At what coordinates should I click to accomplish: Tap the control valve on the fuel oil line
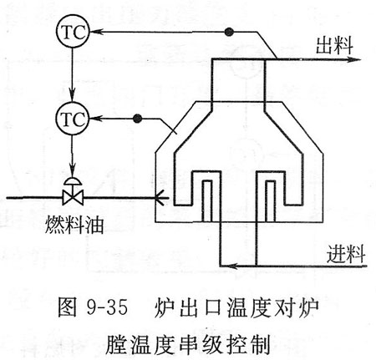click(73, 191)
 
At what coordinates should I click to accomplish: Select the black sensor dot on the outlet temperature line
click(229, 32)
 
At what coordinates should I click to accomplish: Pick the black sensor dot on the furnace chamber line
click(137, 119)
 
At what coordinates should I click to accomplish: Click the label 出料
click(334, 45)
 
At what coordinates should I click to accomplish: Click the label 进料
click(346, 254)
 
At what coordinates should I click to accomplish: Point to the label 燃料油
click(74, 225)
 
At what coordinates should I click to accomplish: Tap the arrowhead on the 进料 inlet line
click(232, 266)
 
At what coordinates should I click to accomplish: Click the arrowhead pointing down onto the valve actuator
click(73, 170)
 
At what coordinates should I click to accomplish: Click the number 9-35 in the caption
click(107, 307)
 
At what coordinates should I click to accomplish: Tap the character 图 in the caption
click(67, 307)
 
